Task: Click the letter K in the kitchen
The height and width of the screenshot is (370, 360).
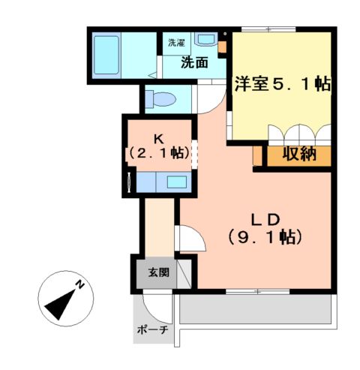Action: pos(158,138)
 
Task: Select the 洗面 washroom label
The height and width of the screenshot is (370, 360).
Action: pos(194,63)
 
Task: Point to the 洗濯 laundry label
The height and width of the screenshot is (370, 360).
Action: pos(176,43)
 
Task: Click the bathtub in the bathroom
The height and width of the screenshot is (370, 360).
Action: pos(106,53)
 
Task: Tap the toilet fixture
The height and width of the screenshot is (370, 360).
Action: pos(159,98)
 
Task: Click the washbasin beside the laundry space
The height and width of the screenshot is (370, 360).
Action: pos(205,40)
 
